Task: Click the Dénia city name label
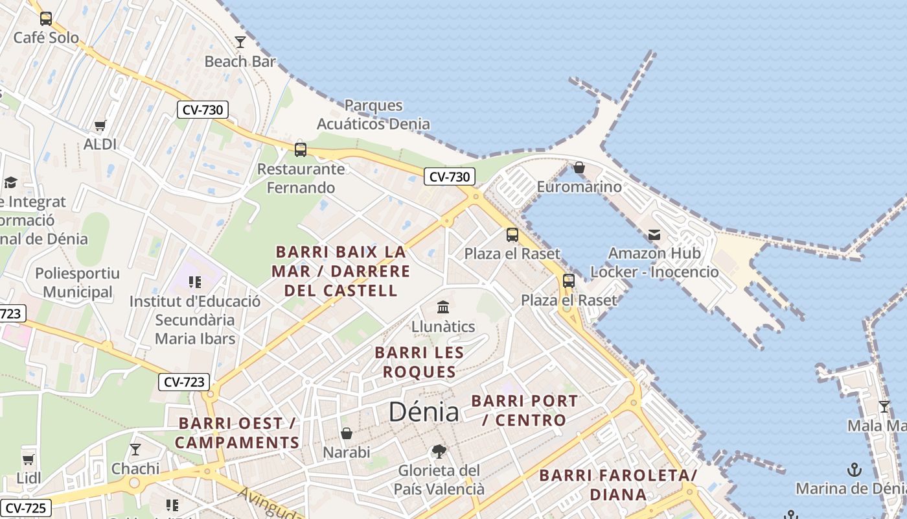tap(424, 412)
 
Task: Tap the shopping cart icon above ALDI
tap(100, 125)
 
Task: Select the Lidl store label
tap(29, 478)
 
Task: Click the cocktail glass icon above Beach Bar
tap(240, 42)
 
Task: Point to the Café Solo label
tap(46, 38)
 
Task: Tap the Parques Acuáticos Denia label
tap(373, 114)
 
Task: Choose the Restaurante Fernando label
tap(301, 178)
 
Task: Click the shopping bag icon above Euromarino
tap(579, 168)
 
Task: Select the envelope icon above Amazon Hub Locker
tap(654, 234)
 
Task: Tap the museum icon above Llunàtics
tap(443, 307)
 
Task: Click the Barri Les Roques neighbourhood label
tap(419, 362)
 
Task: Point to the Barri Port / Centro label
tap(524, 410)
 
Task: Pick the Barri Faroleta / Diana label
tap(618, 485)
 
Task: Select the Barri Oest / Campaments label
tap(237, 433)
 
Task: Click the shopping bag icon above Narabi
tap(347, 433)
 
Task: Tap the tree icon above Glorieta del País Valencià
tap(439, 451)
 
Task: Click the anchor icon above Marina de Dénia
tap(855, 469)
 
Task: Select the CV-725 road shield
tap(26, 508)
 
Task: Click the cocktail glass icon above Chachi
tap(135, 449)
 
